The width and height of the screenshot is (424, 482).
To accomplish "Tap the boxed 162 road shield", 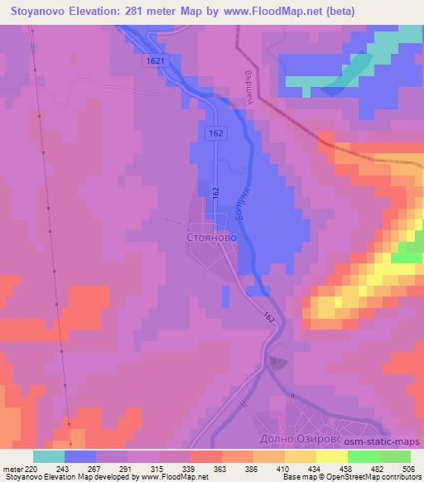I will (x=214, y=133).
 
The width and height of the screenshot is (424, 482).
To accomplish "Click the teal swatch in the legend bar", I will (x=49, y=455).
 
